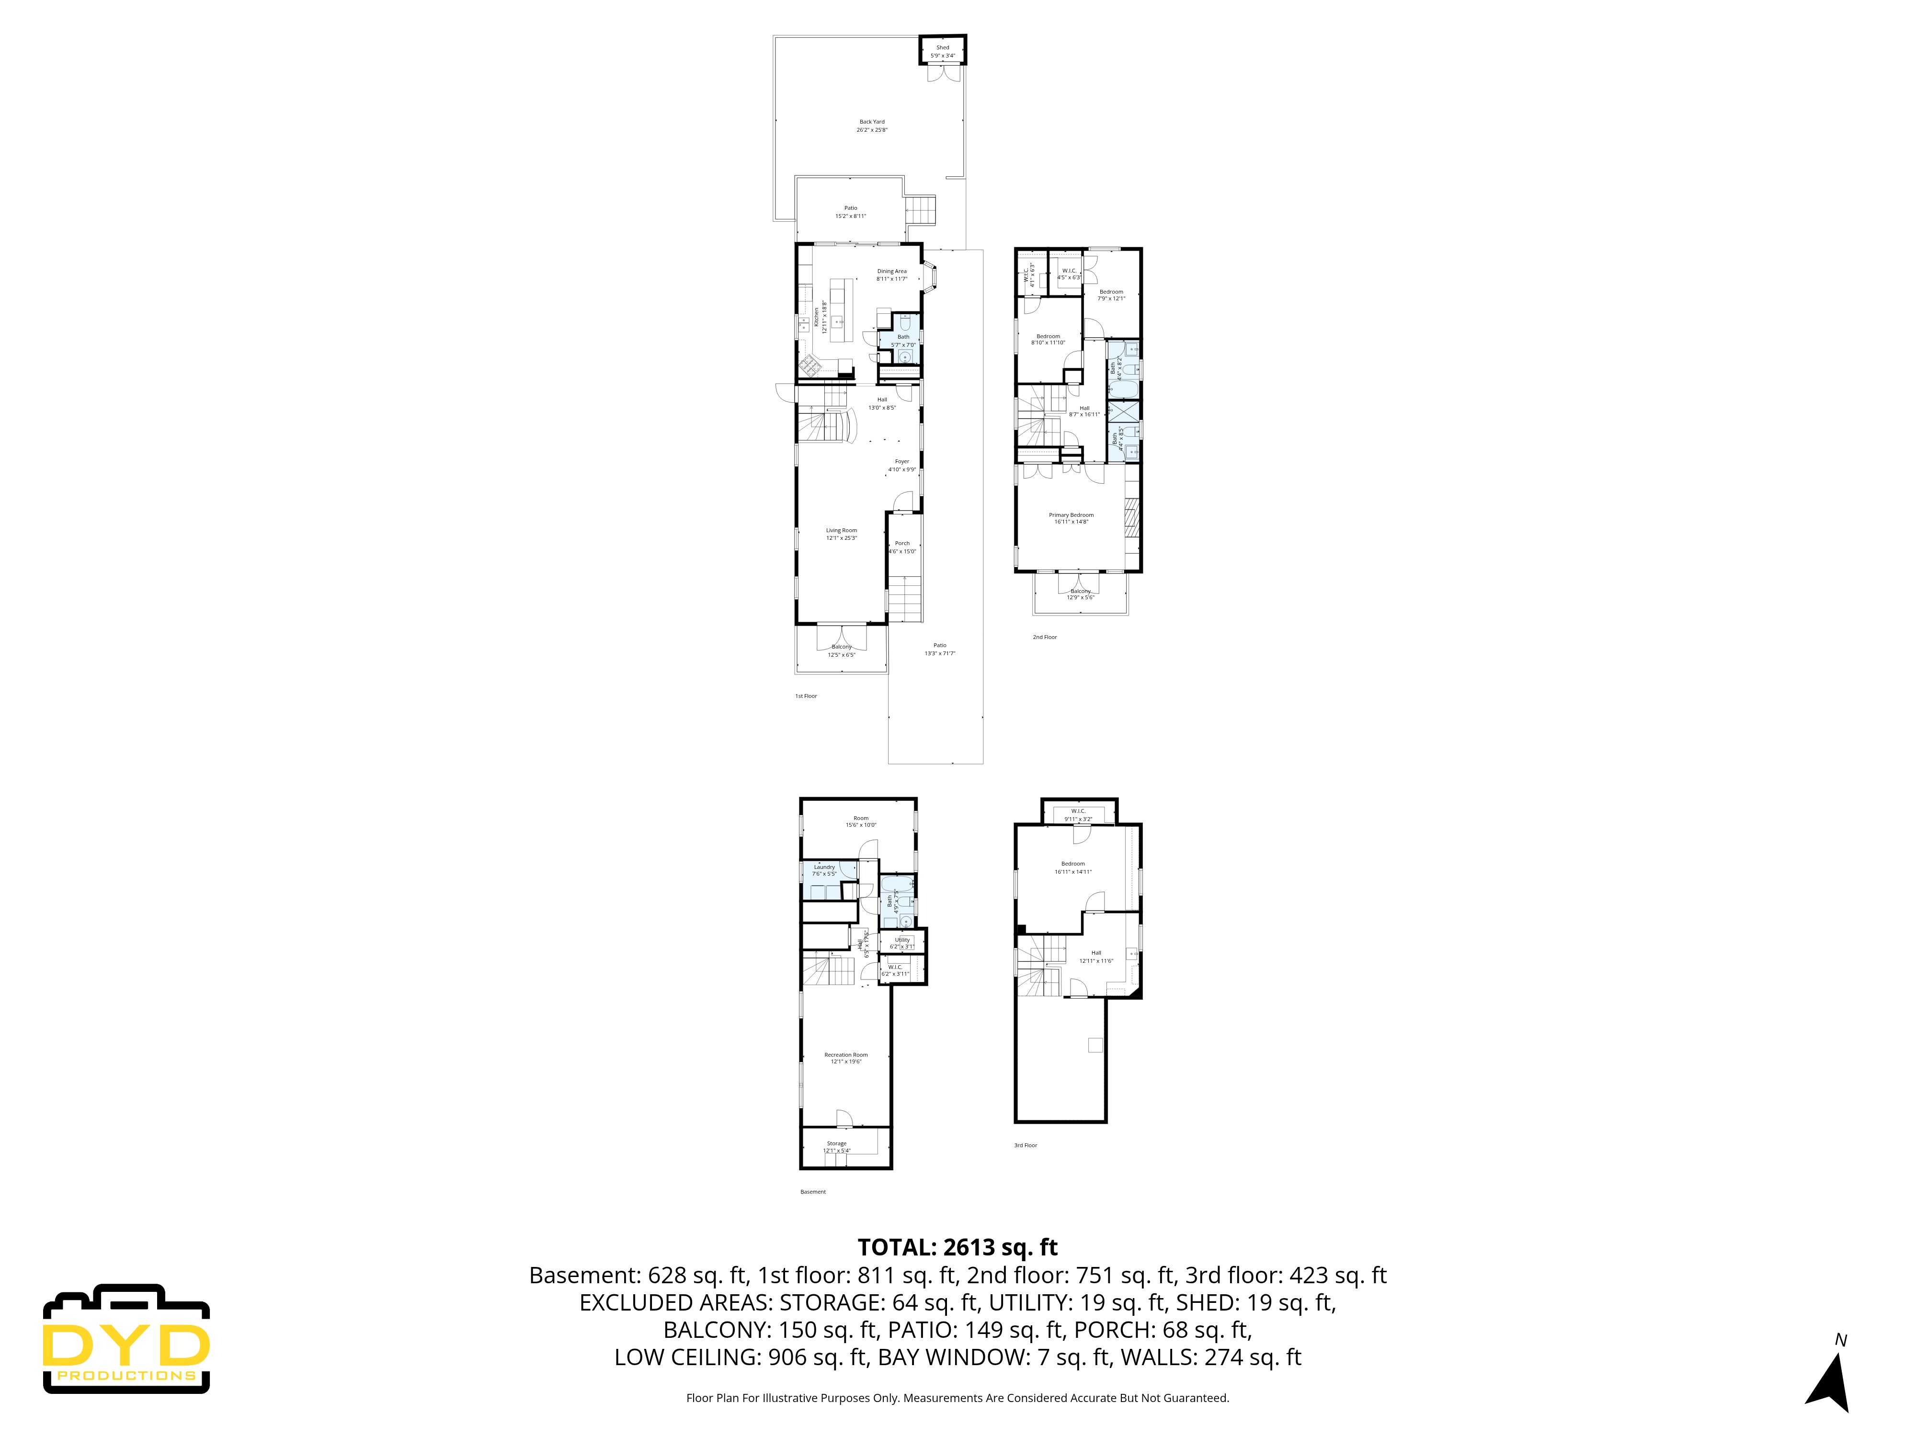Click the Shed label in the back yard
942,52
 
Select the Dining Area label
891,274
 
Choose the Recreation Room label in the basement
845,1058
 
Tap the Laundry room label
824,870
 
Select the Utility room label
901,942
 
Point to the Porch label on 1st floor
901,547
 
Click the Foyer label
901,465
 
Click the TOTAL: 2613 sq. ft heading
957,1247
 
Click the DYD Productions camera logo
126,1338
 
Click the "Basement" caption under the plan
812,1192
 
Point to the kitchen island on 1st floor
837,309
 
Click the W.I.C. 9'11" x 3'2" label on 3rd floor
1078,814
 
